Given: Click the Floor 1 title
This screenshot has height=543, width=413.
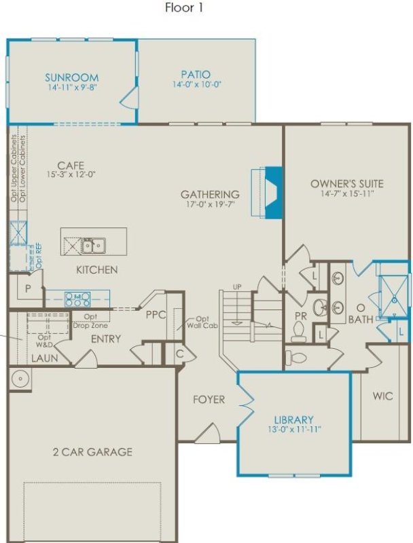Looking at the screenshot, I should [x=184, y=8].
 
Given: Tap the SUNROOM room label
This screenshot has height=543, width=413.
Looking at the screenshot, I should [x=71, y=77].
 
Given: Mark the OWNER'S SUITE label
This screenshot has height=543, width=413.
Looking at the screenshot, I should [x=346, y=183].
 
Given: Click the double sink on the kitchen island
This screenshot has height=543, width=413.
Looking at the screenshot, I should [x=93, y=244].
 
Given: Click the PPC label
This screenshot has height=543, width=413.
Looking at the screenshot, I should [x=156, y=314].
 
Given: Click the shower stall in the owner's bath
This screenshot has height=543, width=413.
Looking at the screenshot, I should [x=393, y=296].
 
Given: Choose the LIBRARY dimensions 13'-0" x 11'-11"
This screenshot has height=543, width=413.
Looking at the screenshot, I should [x=293, y=429].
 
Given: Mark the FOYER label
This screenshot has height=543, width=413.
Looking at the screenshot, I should [x=208, y=400].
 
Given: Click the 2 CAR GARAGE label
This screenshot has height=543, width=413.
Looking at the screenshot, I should [x=92, y=451].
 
